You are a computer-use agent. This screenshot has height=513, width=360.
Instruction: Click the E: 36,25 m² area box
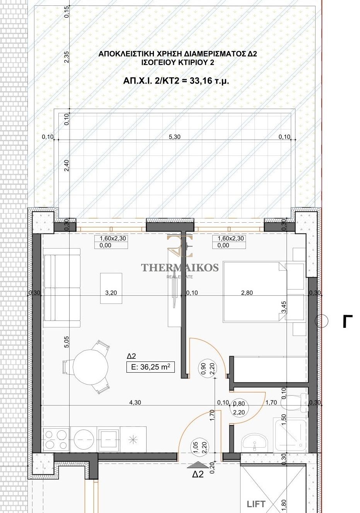(150, 366)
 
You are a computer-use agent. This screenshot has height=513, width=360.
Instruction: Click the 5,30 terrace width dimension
(174, 137)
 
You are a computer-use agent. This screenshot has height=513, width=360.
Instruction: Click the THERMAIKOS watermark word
(180, 267)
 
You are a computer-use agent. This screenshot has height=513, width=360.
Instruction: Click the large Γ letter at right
(347, 321)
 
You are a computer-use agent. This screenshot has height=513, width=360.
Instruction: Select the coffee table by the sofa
(111, 288)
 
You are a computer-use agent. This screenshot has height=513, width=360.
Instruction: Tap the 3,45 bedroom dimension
(284, 307)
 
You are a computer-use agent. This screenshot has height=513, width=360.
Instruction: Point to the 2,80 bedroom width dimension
(247, 293)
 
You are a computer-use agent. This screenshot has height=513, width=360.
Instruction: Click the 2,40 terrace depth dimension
(67, 165)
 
